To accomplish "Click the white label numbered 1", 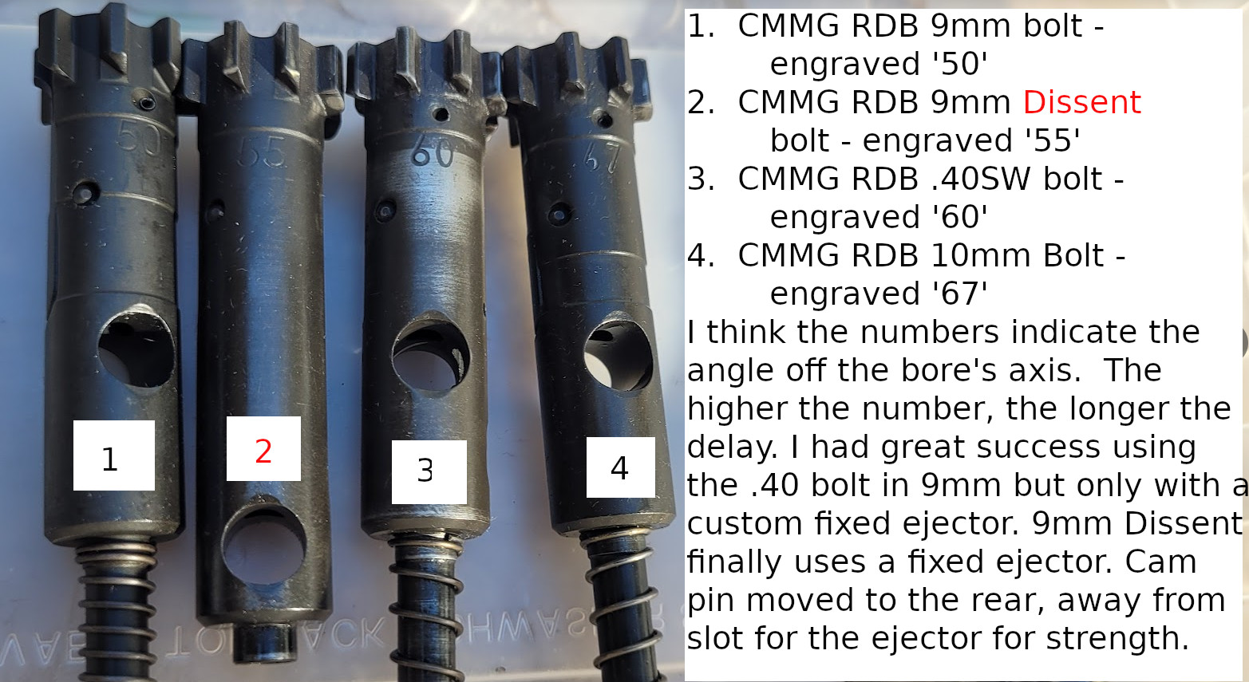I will tap(113, 455).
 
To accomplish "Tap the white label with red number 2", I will tap(263, 449).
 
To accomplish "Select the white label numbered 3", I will tap(429, 471).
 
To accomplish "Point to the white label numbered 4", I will tap(620, 467).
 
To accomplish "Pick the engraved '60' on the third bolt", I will tap(433, 150).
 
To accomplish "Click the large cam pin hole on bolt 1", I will tap(136, 348).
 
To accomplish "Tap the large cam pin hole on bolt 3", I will tap(430, 357).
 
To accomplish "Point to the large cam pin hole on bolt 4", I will tap(618, 357).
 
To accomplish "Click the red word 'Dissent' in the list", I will tap(1081, 102).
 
